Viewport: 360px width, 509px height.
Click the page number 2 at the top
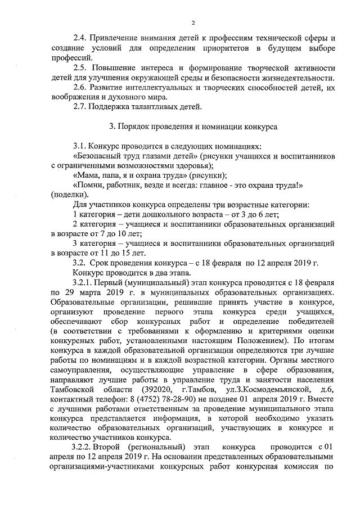[x=192, y=22]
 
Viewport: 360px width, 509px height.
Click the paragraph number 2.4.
[x=80, y=38]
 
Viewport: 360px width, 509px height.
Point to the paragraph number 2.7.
[x=80, y=107]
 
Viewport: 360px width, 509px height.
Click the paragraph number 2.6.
[x=80, y=88]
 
